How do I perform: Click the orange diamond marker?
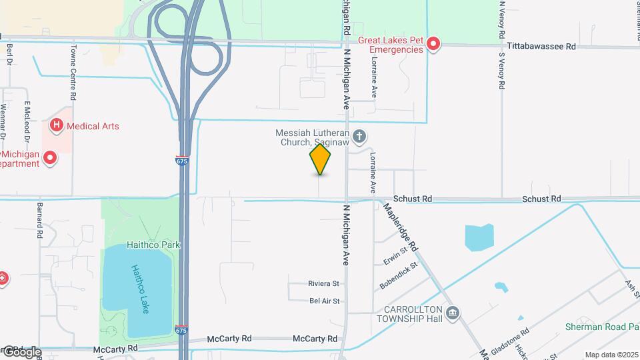[x=321, y=159]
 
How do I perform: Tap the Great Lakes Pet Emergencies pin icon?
[x=433, y=45]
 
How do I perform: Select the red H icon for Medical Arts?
[x=57, y=125]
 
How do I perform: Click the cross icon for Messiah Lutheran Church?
[x=359, y=137]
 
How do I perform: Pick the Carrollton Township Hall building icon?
[x=453, y=313]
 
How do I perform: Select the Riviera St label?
[x=324, y=284]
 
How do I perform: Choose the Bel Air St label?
[x=325, y=301]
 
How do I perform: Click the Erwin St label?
[x=395, y=255]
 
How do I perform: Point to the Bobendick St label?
[x=398, y=275]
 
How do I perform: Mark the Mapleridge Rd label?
[x=400, y=227]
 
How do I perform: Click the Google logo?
[x=21, y=352]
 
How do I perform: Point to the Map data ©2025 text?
[x=611, y=355]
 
